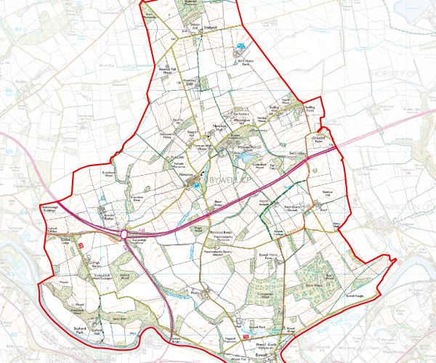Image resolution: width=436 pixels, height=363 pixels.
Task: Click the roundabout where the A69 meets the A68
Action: coord(126,235)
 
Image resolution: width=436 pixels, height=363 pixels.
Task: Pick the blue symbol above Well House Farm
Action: coord(243,49)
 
